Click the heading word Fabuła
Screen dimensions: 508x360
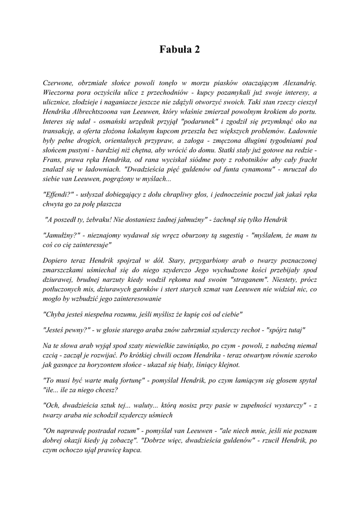tap(174, 49)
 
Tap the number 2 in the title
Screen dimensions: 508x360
tap(197, 49)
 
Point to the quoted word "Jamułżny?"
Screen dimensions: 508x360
tap(62, 235)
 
